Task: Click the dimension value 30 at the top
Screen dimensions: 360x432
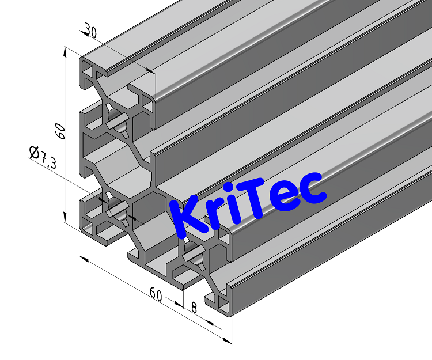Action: click(89, 29)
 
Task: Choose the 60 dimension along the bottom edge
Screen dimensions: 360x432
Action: click(156, 294)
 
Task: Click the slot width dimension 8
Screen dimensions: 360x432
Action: click(194, 308)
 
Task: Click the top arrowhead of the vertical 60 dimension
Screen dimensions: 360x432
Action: click(65, 51)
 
